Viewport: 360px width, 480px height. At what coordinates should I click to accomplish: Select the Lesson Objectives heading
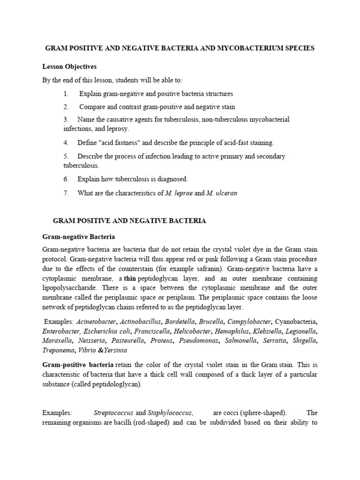(69, 67)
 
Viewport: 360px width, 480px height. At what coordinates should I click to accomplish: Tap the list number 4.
(67, 142)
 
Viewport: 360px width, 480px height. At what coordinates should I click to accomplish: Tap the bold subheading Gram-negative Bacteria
(78, 237)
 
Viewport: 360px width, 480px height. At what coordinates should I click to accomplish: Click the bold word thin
(129, 278)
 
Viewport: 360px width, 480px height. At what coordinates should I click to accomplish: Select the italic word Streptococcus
(114, 413)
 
